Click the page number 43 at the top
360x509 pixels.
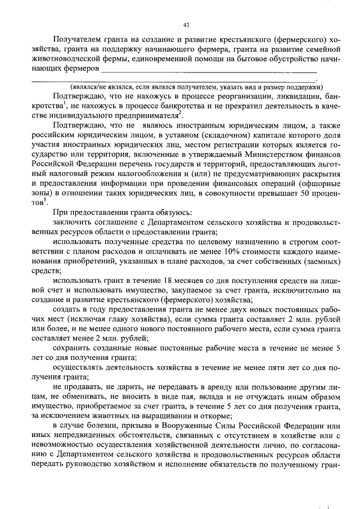(x=186, y=25)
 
